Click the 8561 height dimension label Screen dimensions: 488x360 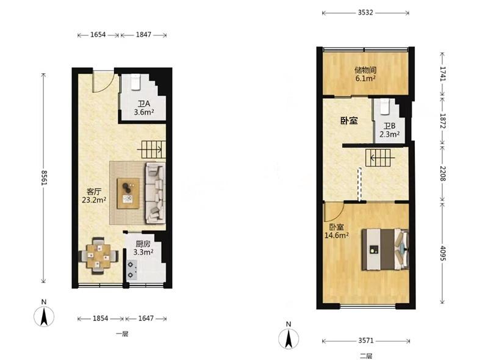point(44,178)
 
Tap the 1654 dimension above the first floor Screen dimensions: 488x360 point(98,35)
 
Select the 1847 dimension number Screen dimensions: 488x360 point(143,35)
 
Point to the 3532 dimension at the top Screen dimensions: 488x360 point(365,13)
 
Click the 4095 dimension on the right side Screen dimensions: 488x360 point(443,253)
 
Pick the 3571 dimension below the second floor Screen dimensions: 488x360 point(365,340)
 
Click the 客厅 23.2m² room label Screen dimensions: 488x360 point(94,196)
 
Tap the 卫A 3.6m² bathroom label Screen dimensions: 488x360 point(144,108)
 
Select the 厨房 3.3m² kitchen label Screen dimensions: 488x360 point(143,248)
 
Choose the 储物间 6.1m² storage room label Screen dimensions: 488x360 point(365,74)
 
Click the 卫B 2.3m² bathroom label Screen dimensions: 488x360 point(389,130)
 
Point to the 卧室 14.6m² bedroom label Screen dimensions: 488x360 point(337,231)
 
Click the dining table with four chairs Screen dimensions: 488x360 point(98,256)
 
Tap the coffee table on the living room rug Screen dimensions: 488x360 point(128,193)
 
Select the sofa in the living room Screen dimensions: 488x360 point(156,193)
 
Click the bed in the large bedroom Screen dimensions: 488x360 point(385,250)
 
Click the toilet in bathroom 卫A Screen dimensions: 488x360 point(135,82)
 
